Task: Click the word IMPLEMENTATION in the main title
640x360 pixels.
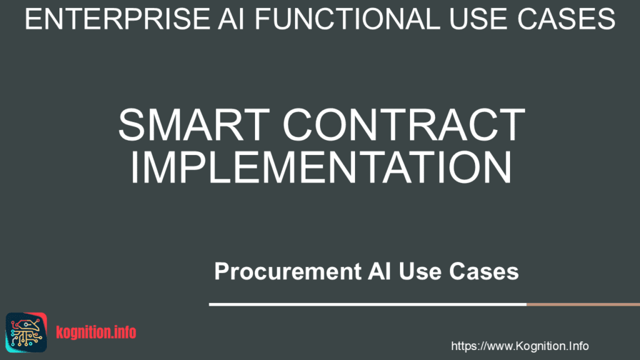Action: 320,166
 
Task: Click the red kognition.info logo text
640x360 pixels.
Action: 96,332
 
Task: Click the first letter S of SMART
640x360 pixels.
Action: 132,124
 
